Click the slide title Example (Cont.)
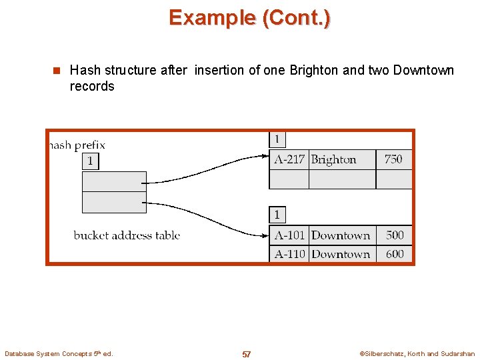point(249,17)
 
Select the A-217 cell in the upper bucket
point(289,159)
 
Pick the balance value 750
point(393,159)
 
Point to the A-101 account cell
point(289,235)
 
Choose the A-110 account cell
point(289,254)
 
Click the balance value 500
point(395,235)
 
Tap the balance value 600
point(395,254)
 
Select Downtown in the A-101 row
point(341,235)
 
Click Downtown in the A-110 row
point(341,254)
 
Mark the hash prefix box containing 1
point(90,161)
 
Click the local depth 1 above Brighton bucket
point(277,139)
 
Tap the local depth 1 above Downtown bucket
point(277,215)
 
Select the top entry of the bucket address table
point(114,181)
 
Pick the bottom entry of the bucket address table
point(114,203)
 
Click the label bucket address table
point(127,235)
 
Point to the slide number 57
point(247,354)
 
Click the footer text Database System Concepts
point(59,353)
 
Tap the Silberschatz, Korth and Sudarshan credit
point(417,354)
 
